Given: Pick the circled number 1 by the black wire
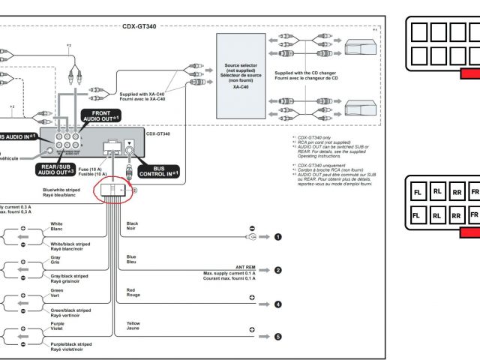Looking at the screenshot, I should click(278, 237).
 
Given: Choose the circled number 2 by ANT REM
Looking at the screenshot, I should click(278, 270).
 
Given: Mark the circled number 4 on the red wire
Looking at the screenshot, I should click(278, 304).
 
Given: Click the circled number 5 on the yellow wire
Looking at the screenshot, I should click(278, 337).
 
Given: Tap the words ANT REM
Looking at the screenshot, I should click(245, 266).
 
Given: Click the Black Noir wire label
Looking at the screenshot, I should click(132, 226).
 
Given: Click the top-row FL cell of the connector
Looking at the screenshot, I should click(418, 192).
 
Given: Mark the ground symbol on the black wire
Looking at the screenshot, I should click(252, 237).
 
